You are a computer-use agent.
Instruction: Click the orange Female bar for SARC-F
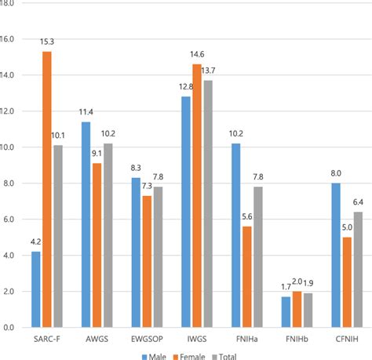pos(48,189)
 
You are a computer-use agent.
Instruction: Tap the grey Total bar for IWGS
pos(209,203)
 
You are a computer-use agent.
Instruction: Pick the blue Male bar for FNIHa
pos(235,235)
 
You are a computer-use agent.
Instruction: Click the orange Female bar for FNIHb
pos(297,309)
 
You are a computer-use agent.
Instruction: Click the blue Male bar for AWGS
pos(86,224)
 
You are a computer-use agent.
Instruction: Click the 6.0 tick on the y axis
pos(11,220)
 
